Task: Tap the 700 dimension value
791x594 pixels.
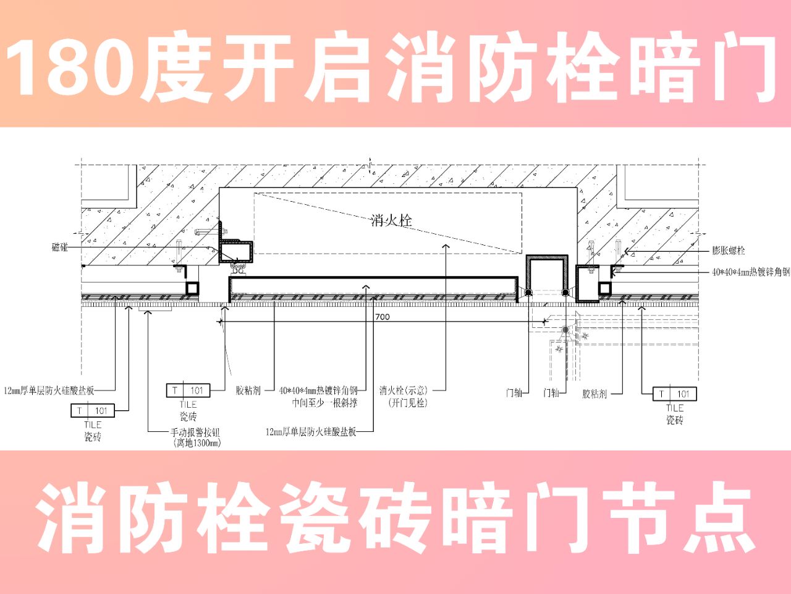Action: tap(383, 317)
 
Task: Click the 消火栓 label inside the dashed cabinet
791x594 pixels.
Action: tap(391, 220)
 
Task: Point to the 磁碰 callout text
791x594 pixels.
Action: tap(60, 247)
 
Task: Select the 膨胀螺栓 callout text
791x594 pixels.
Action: tap(729, 251)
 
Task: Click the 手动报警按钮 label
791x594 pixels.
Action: tap(195, 433)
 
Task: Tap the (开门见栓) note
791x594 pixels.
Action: tap(408, 403)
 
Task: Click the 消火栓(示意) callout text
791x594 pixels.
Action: tap(403, 390)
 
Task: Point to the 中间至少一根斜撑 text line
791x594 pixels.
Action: tap(324, 403)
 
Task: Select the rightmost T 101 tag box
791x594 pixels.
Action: tap(675, 394)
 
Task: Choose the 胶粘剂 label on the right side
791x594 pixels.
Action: tap(594, 394)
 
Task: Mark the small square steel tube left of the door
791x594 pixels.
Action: tap(192, 288)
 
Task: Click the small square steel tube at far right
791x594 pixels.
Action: tap(604, 288)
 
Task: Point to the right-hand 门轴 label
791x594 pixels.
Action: tap(551, 393)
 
